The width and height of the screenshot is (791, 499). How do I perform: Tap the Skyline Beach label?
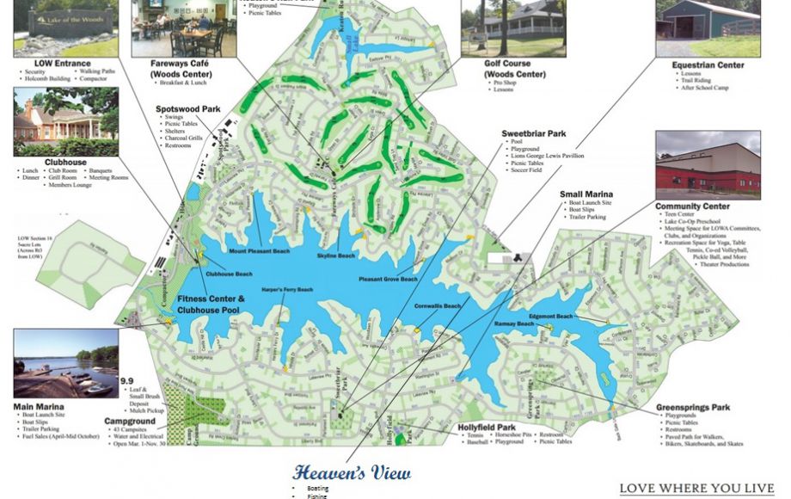click(335, 256)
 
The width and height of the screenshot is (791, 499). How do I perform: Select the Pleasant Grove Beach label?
click(388, 280)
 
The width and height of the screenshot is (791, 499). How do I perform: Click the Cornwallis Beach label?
click(438, 306)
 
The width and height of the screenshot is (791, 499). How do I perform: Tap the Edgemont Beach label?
click(551, 317)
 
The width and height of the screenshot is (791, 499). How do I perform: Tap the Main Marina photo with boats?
click(65, 363)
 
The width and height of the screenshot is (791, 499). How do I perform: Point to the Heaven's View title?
click(351, 473)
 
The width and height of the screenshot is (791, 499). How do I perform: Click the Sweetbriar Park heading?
click(533, 134)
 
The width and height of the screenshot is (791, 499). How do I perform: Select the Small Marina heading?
click(586, 195)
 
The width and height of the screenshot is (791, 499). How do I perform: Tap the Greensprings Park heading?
click(693, 408)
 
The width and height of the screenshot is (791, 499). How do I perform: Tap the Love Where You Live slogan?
click(696, 488)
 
